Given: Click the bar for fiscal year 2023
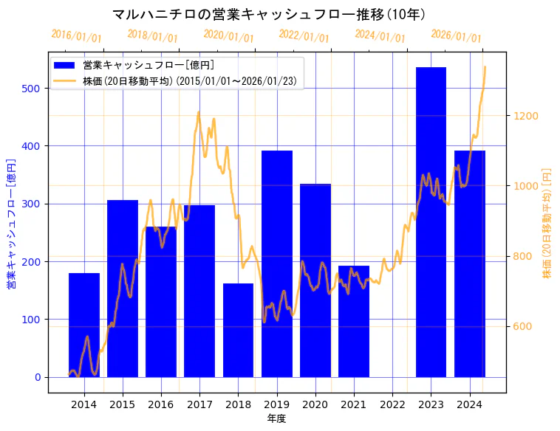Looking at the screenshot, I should [x=431, y=221].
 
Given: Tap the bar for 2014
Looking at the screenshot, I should [x=84, y=325].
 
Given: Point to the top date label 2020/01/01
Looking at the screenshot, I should [x=228, y=36].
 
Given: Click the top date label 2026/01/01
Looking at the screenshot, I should [x=456, y=36].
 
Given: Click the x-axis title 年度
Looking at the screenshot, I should [x=276, y=418].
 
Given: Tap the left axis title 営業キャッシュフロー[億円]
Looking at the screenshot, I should [x=11, y=224].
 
